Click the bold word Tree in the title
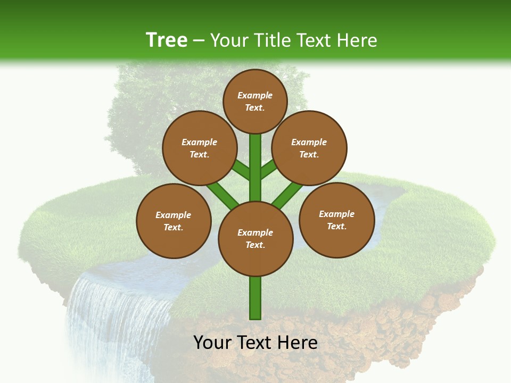[167, 40]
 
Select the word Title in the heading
[273, 40]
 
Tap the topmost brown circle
[255, 101]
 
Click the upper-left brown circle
[199, 148]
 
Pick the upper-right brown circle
[309, 148]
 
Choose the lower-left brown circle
[174, 221]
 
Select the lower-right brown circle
[336, 220]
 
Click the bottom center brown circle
[256, 238]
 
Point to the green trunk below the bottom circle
[256, 298]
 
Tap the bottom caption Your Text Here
[256, 343]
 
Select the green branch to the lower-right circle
[287, 194]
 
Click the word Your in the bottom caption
[211, 343]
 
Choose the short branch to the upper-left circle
[241, 171]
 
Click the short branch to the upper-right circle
[268, 169]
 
